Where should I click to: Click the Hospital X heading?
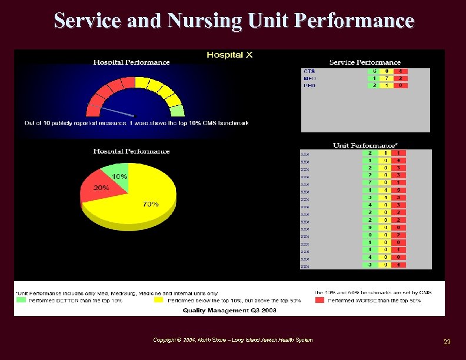[229, 55]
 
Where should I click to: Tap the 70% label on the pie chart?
[151, 204]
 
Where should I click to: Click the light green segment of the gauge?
[177, 110]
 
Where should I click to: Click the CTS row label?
[309, 72]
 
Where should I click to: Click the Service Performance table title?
[365, 62]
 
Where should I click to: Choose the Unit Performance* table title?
[365, 145]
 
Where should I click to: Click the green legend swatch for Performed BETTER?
[21, 301]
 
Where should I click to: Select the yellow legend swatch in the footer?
[158, 301]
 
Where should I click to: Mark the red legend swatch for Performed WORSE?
[319, 301]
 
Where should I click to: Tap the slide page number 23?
[447, 342]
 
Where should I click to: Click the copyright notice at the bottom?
[232, 340]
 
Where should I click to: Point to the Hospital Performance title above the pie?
[131, 151]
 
